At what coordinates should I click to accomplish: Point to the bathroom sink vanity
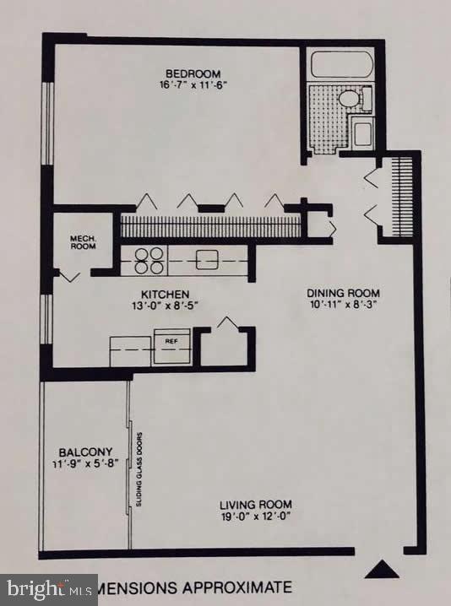coord(364,133)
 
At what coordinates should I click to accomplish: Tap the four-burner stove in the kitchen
coord(148,260)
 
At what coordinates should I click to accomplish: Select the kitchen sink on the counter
coord(208,260)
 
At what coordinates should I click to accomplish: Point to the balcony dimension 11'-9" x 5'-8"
coord(82,463)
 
